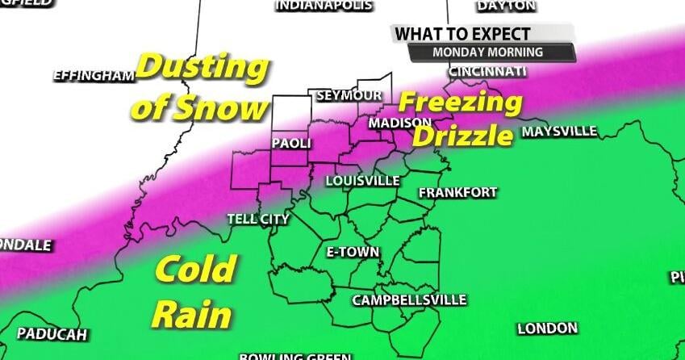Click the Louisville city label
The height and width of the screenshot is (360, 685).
(363, 180)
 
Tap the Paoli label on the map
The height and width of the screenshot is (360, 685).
(291, 143)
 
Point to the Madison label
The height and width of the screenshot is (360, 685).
(400, 123)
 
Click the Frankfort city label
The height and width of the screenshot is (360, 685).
(457, 193)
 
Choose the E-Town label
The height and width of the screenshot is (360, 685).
(353, 252)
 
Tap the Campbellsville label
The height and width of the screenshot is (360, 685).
(409, 300)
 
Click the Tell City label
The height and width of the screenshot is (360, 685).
(258, 219)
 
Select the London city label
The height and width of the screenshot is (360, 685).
(548, 329)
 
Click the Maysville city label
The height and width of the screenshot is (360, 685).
(560, 131)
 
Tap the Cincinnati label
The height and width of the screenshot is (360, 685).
(487, 71)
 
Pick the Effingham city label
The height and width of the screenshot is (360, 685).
(93, 76)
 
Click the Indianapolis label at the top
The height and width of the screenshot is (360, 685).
(324, 6)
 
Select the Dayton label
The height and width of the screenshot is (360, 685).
(506, 6)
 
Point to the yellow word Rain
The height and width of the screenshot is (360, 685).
(192, 315)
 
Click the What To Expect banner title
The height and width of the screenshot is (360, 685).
(462, 34)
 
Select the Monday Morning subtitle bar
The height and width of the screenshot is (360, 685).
(488, 52)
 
